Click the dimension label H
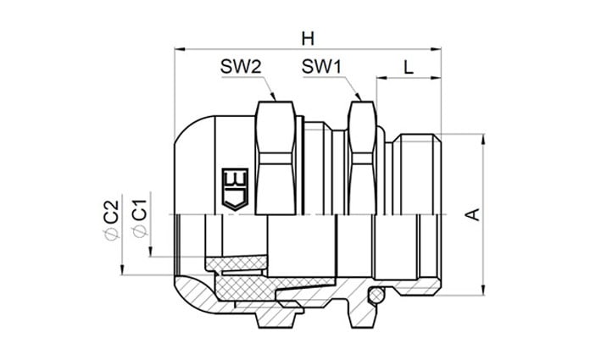(x=308, y=39)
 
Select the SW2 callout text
(x=241, y=67)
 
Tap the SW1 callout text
(x=321, y=67)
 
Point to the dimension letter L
(x=409, y=68)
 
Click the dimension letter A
(x=474, y=214)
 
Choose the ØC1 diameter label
(x=139, y=219)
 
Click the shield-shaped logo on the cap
(x=235, y=189)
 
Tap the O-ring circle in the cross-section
(x=376, y=295)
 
